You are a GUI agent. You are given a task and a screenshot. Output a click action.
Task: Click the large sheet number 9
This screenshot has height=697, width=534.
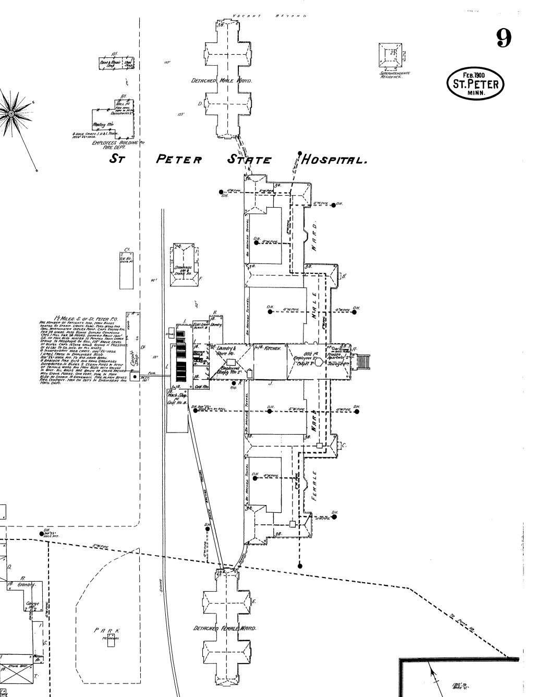(x=503, y=38)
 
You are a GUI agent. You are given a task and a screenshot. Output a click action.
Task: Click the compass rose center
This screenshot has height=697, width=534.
(x=11, y=113)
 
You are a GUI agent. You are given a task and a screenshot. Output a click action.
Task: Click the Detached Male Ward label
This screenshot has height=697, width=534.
(x=222, y=81)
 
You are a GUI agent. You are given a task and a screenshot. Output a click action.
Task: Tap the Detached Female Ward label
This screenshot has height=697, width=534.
(x=225, y=629)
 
